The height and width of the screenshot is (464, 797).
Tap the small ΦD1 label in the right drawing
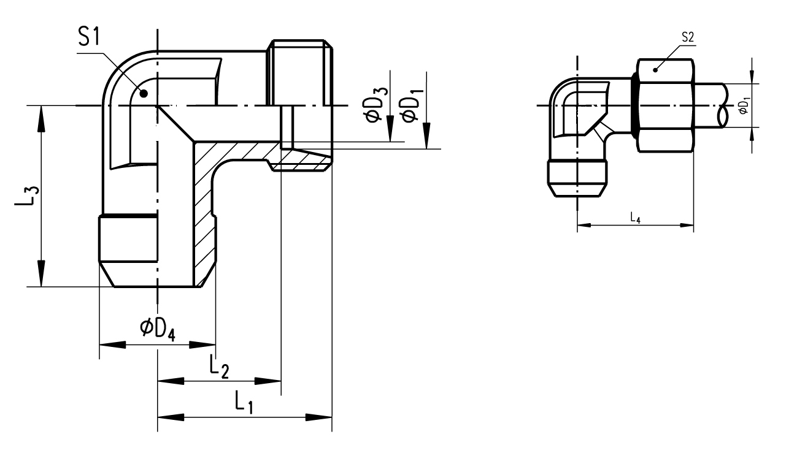[x=744, y=105]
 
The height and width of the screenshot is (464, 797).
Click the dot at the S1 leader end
[x=143, y=94]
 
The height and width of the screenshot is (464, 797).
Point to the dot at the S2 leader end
[x=655, y=70]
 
